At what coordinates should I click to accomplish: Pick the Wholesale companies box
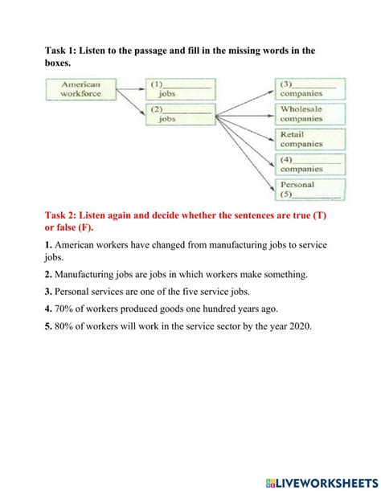pyautogui.click(x=310, y=114)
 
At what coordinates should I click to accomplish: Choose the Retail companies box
pyautogui.click(x=310, y=139)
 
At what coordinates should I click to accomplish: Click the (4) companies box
pyautogui.click(x=310, y=165)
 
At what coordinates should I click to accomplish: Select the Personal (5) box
pyautogui.click(x=310, y=190)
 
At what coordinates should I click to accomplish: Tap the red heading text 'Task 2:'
pyautogui.click(x=65, y=217)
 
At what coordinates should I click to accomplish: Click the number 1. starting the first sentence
pyautogui.click(x=48, y=244)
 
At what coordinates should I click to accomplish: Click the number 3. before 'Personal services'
pyautogui.click(x=48, y=292)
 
